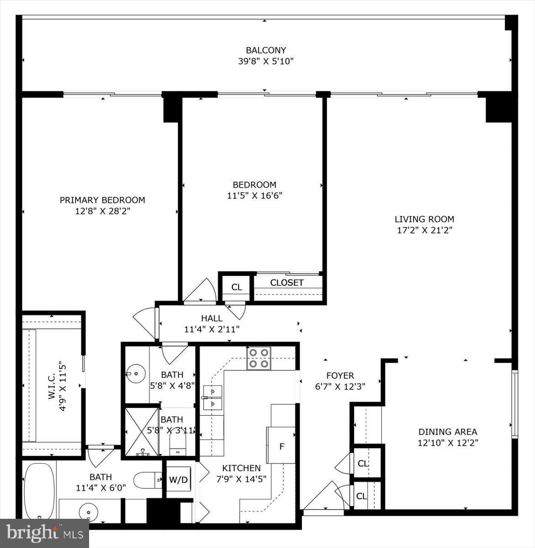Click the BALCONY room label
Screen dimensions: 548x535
click(265, 50)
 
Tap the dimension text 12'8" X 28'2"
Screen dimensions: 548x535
click(102, 211)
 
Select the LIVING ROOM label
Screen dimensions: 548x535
click(424, 219)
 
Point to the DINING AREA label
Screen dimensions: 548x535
click(447, 432)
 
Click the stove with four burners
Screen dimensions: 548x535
click(259, 358)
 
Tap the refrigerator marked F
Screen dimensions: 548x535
click(281, 446)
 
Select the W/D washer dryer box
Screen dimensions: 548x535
click(178, 479)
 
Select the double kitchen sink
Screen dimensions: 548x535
click(212, 398)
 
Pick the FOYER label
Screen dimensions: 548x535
click(340, 375)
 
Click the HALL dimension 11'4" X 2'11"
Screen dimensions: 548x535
click(212, 329)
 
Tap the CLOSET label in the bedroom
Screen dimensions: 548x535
click(286, 283)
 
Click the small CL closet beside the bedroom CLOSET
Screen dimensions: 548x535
click(236, 287)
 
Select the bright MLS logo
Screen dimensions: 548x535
click(44, 532)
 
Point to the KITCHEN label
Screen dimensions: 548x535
click(241, 468)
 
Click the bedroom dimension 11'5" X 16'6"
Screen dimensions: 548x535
click(254, 196)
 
